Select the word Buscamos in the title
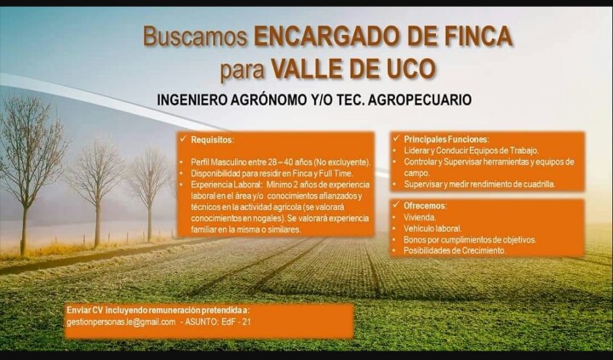tap(196, 37)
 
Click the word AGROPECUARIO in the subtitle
tap(420, 100)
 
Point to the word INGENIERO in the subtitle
tap(192, 100)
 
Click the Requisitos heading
tap(212, 140)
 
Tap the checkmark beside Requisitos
tap(182, 140)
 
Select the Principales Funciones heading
tap(446, 140)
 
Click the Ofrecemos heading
tap(425, 206)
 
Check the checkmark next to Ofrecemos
tap(396, 205)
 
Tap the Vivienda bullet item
tap(420, 217)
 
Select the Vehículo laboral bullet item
tap(433, 229)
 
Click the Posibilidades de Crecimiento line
tap(455, 250)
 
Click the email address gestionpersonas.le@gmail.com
tap(121, 322)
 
